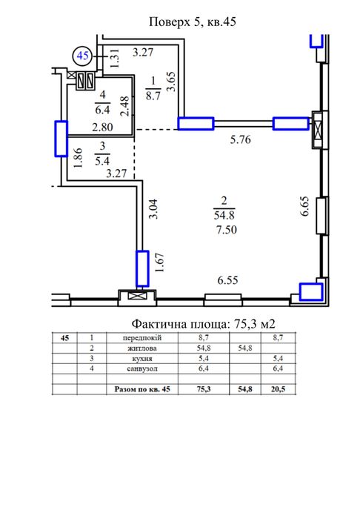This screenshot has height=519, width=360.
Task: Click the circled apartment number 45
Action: (83, 56)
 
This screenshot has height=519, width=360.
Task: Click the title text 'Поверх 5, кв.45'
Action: (193, 22)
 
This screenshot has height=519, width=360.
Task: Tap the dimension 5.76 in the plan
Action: (240, 139)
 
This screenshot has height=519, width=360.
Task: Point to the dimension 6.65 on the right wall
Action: (304, 206)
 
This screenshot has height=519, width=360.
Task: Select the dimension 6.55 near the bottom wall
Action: (227, 280)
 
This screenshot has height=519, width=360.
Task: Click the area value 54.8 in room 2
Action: (224, 216)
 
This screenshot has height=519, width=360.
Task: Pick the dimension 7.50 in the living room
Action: (227, 229)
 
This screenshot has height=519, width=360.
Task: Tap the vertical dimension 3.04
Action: (153, 208)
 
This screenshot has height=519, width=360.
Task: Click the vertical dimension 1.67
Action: (159, 262)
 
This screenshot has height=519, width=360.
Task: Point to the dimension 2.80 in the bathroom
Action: (102, 127)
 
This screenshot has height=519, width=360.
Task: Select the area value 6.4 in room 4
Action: (102, 109)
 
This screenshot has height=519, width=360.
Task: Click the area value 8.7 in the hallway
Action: (153, 96)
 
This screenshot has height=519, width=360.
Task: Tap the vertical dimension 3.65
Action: (172, 82)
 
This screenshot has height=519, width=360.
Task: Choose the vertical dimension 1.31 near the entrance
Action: (114, 59)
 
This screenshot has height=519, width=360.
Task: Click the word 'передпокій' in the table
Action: (142, 338)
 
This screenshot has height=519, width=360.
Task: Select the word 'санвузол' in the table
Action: (142, 368)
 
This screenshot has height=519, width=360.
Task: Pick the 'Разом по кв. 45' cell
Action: (142, 389)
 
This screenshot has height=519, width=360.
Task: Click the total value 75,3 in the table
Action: (204, 389)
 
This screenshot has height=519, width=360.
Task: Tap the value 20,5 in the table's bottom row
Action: (278, 389)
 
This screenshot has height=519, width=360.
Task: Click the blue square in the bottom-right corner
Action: (311, 292)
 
